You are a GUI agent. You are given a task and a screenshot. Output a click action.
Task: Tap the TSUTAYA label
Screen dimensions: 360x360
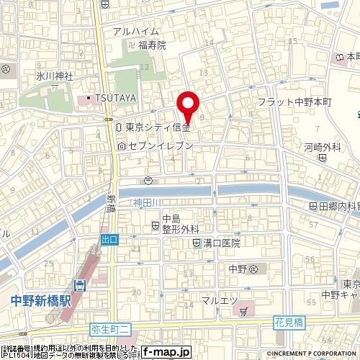(114, 98)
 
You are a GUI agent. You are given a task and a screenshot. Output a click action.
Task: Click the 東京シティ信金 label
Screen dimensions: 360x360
(157, 127)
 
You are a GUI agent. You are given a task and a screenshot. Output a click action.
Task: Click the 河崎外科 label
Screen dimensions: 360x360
(321, 147)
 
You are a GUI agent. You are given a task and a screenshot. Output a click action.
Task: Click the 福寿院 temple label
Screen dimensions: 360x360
(152, 45)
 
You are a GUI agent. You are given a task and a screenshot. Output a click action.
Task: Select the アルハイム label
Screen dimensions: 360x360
(134, 31)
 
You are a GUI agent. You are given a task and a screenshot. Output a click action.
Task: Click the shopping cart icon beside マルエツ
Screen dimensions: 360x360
(244, 311)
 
